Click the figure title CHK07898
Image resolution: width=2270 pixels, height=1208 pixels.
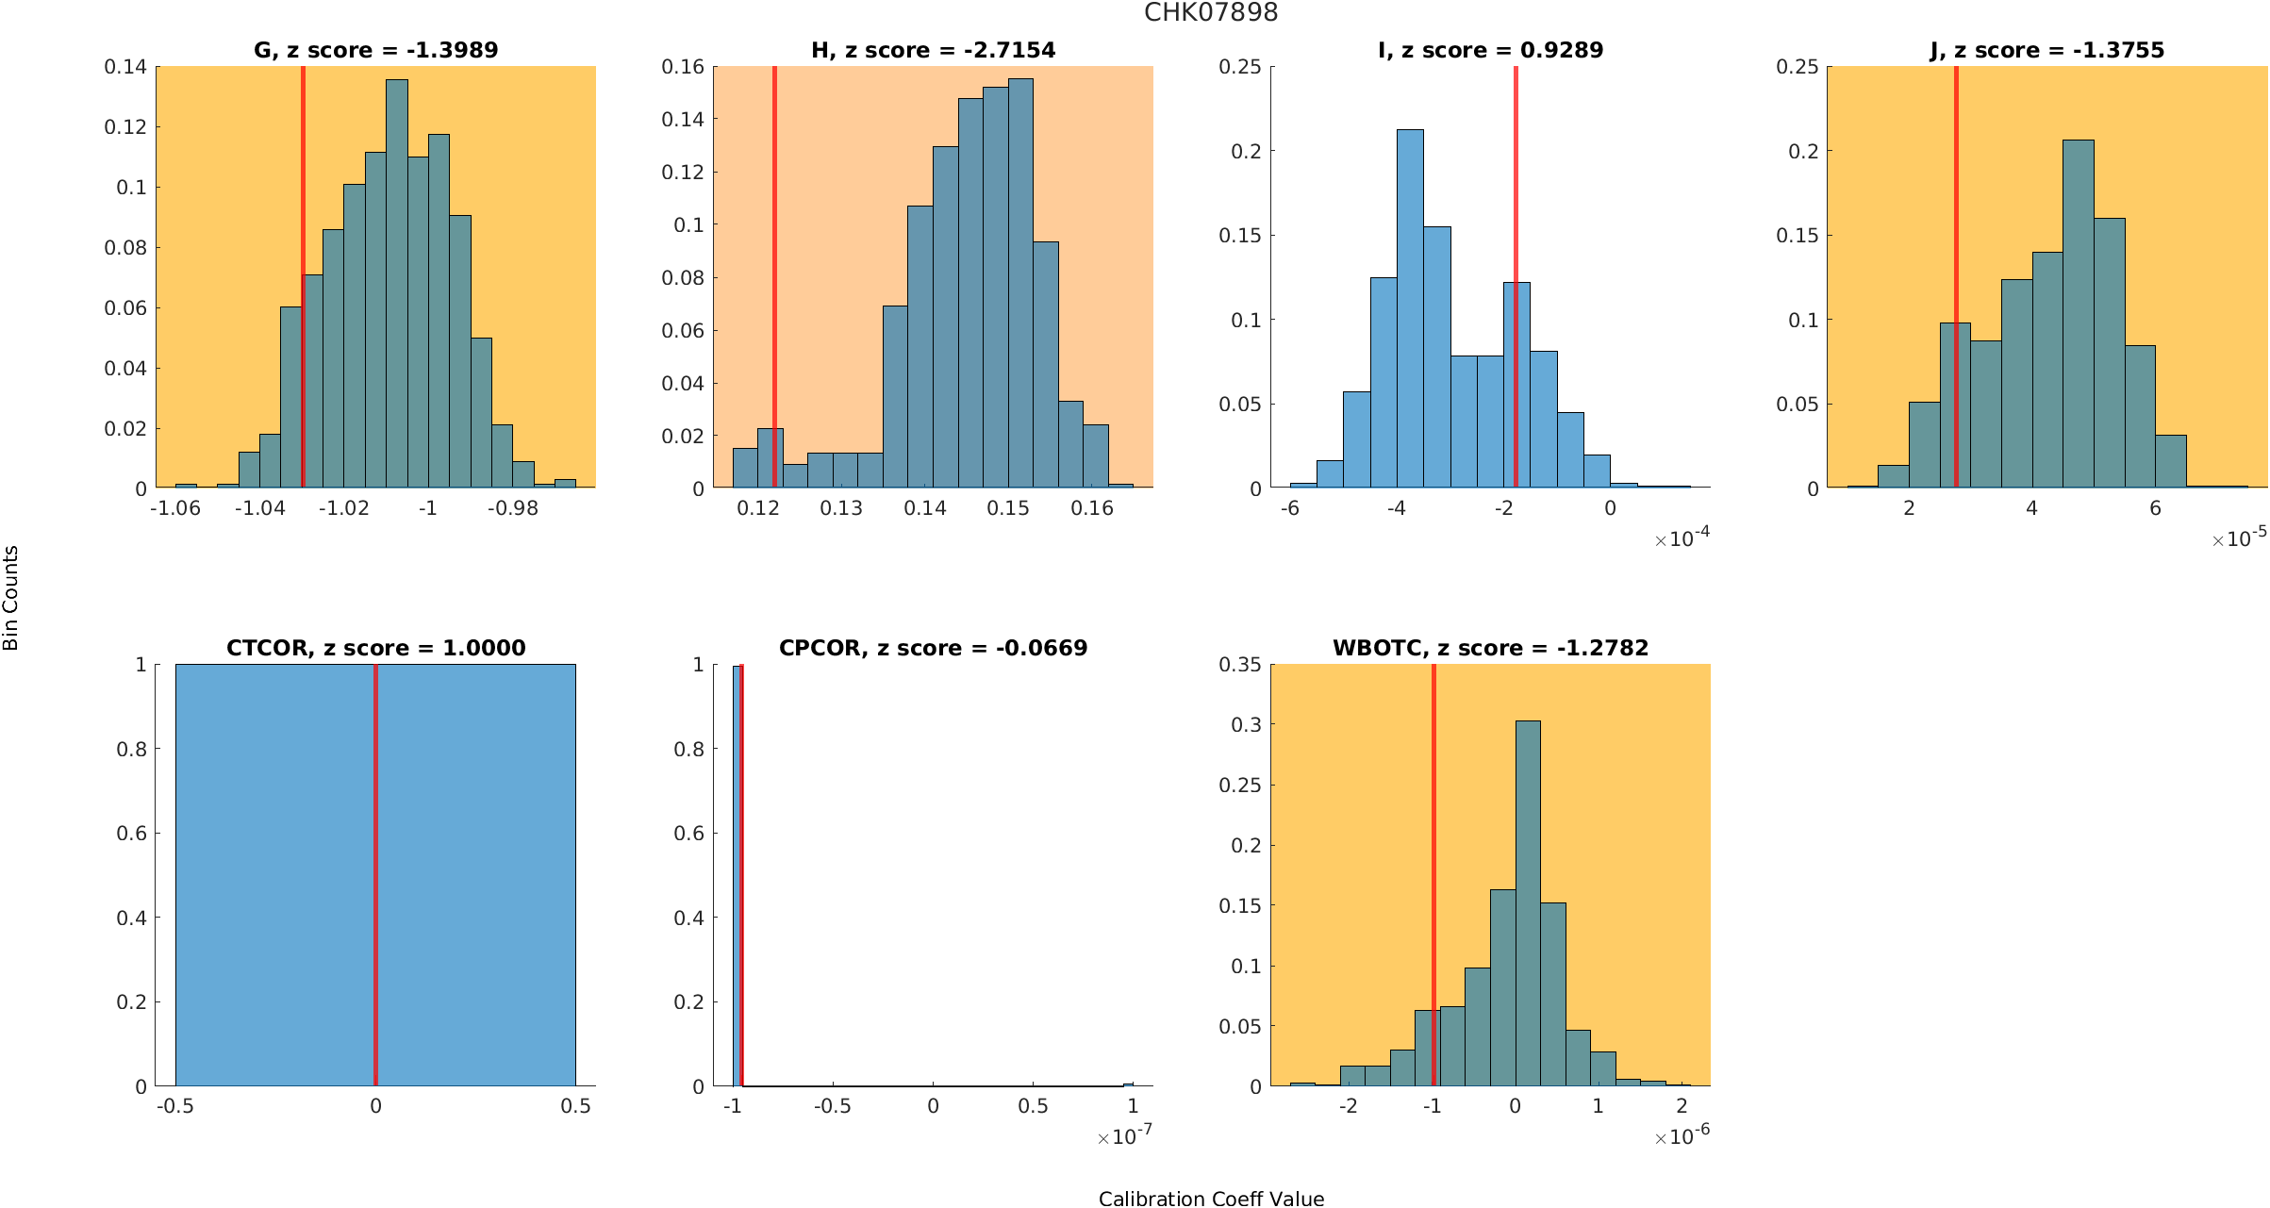point(1210,13)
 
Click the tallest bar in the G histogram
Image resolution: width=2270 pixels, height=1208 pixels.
point(397,283)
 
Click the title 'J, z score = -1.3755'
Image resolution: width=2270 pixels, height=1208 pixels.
point(2046,50)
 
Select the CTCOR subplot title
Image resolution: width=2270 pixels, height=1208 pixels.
point(375,648)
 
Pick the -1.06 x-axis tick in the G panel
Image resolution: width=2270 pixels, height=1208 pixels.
point(175,508)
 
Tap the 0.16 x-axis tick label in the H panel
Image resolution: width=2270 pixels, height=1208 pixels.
point(1092,508)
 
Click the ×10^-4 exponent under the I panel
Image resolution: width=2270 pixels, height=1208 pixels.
point(1682,538)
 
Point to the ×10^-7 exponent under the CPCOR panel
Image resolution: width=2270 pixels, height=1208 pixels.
point(1124,1136)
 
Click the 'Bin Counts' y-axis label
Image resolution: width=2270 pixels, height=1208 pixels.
point(11,598)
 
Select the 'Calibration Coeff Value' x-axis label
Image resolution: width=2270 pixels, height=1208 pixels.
point(1210,1198)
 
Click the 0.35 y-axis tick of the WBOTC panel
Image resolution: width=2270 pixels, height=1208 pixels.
point(1239,665)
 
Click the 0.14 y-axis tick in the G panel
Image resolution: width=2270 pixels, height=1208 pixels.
point(125,67)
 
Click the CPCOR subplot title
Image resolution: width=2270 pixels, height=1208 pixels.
point(933,648)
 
